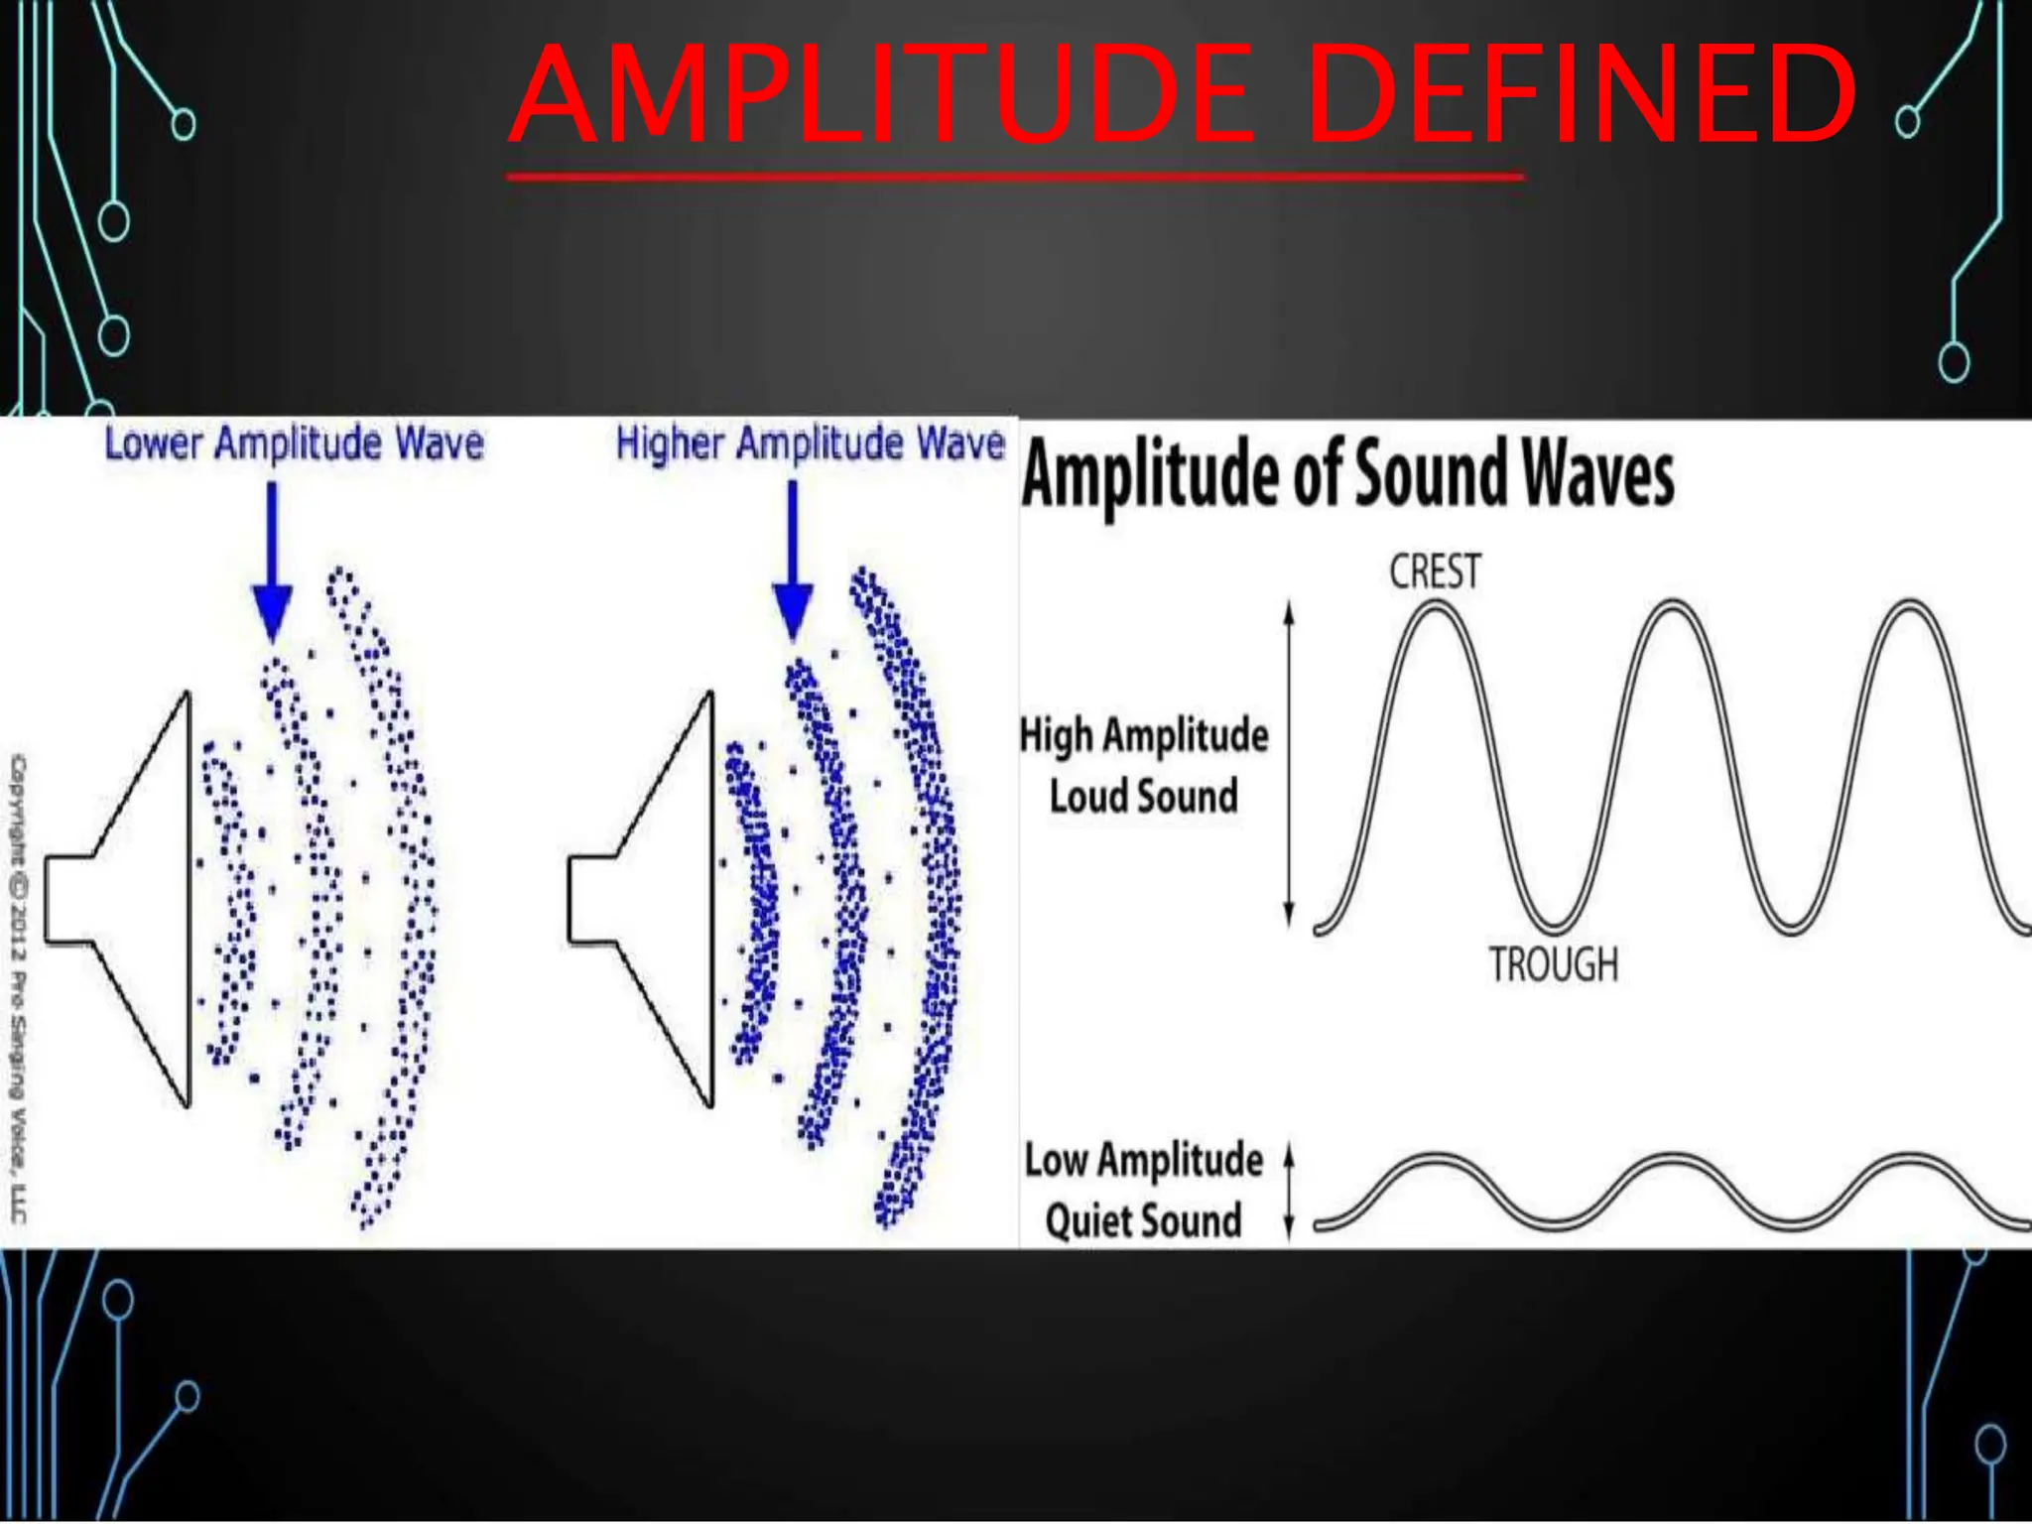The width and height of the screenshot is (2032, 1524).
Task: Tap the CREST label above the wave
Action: point(1435,572)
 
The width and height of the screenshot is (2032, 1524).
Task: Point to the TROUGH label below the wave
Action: point(1553,964)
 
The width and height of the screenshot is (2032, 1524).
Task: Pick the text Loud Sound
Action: point(1144,796)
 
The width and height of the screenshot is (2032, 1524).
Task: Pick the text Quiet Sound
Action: point(1143,1220)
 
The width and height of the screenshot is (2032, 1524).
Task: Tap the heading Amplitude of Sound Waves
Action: point(1347,475)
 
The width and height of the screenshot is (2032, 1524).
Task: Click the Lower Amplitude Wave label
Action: point(294,443)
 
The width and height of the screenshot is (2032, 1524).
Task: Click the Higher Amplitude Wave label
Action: point(810,443)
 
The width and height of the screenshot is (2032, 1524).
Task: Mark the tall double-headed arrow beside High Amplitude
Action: point(1289,764)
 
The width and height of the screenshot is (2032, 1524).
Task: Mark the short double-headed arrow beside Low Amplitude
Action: point(1289,1191)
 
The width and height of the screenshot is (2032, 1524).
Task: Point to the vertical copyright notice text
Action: point(19,987)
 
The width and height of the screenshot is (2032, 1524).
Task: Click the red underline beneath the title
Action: point(1014,178)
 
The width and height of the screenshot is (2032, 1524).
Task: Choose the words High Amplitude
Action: point(1144,735)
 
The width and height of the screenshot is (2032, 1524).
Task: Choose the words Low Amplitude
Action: point(1143,1160)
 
